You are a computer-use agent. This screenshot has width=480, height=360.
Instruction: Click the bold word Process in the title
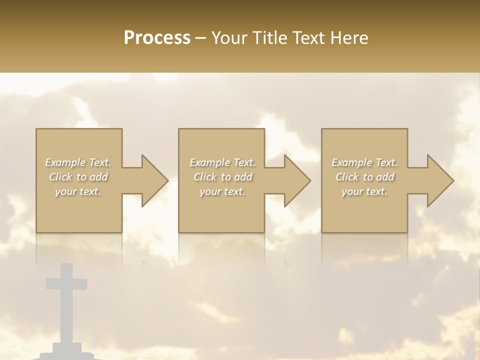(x=157, y=38)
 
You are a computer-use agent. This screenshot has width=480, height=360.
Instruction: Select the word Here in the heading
(x=348, y=38)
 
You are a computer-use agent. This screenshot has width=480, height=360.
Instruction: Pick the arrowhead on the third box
(x=439, y=180)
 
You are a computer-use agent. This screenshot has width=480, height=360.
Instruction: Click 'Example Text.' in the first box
(x=78, y=162)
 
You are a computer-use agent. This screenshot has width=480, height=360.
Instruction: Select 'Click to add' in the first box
(x=78, y=177)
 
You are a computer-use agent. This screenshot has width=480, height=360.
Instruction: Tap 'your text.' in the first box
(x=78, y=191)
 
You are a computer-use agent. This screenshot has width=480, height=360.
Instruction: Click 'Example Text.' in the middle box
(x=222, y=162)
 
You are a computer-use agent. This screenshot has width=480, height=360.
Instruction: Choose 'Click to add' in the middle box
(x=222, y=177)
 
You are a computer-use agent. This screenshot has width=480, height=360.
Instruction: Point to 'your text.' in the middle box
(x=222, y=191)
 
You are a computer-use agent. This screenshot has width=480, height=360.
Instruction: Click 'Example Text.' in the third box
(x=364, y=162)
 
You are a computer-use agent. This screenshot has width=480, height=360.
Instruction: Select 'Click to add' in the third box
(x=364, y=177)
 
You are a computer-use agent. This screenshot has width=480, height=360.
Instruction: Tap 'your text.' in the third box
(x=364, y=191)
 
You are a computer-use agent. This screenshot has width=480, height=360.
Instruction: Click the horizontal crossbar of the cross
(x=66, y=283)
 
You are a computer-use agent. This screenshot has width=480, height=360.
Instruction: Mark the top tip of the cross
(x=66, y=265)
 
